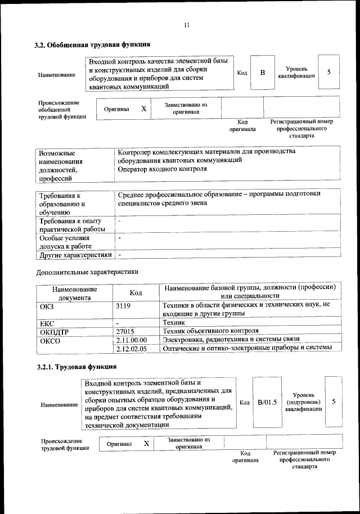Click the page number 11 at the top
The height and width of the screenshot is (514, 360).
186,24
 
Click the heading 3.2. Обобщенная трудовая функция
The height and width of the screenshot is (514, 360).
93,44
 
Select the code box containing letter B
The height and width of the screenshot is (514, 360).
262,73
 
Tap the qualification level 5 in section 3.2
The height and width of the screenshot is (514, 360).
328,73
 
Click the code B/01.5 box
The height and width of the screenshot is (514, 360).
267,402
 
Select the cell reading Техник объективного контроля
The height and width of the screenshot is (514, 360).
210,331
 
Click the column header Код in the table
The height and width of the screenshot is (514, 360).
136,293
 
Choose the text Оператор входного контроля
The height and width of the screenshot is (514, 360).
163,169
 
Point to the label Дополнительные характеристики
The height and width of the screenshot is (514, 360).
87,272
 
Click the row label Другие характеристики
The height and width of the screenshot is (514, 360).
73,255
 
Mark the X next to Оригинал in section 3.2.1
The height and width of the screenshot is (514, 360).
146,444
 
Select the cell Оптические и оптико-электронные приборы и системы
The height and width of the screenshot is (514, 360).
251,349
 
